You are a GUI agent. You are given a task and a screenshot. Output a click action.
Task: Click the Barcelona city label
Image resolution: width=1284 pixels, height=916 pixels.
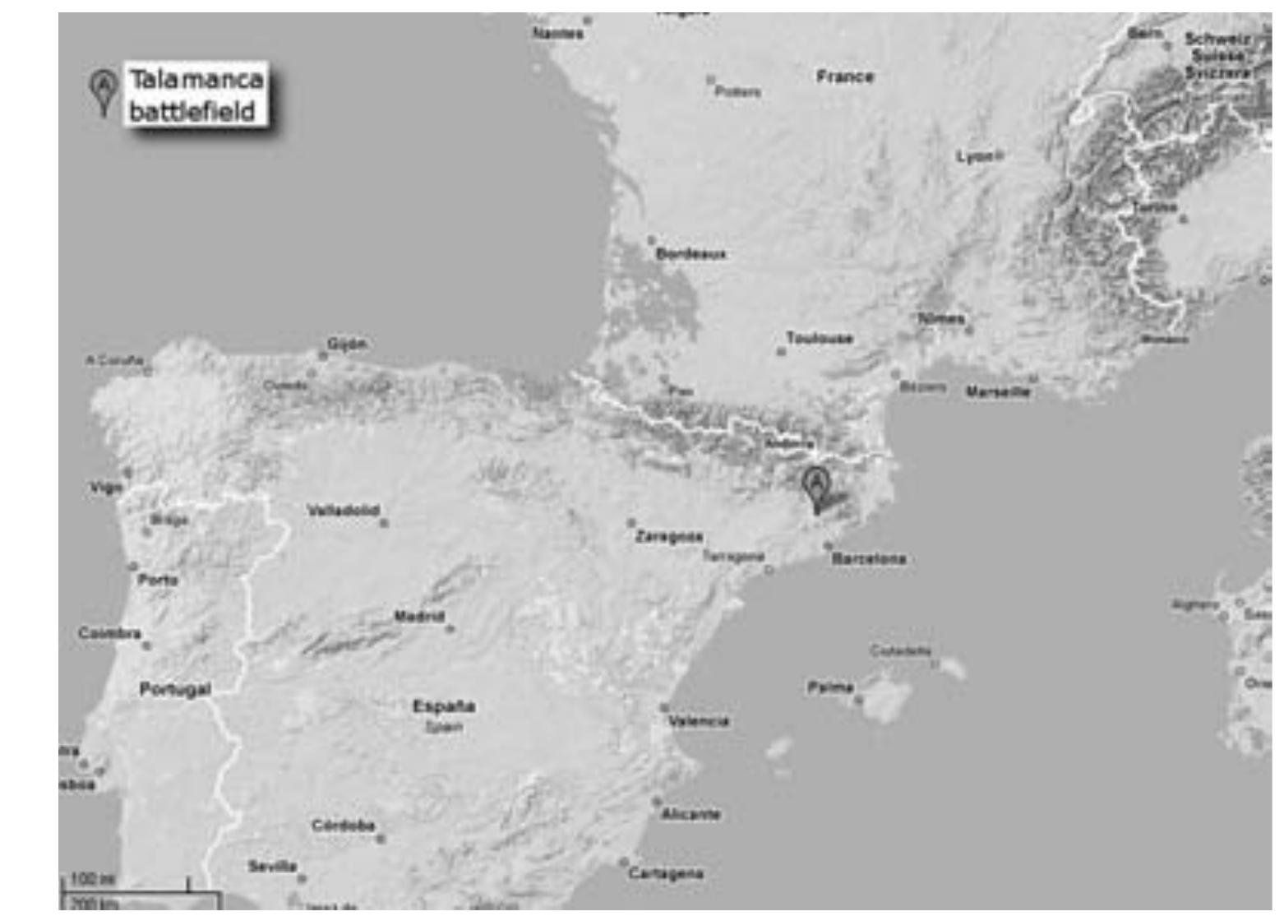(x=869, y=559)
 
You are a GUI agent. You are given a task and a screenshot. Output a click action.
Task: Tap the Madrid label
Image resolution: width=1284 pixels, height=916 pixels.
(x=418, y=617)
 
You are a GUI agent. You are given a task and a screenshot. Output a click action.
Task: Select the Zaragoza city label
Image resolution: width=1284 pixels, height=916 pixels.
(x=668, y=537)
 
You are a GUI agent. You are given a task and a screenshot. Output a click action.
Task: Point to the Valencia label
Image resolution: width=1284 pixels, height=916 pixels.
(x=699, y=721)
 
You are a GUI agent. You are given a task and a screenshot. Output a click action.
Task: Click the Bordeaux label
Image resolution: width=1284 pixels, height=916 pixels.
(x=690, y=254)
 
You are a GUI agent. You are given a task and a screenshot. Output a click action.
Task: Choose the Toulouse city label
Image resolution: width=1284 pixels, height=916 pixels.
(x=820, y=339)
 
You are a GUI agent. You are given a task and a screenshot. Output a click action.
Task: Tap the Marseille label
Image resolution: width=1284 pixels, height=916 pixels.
(x=997, y=392)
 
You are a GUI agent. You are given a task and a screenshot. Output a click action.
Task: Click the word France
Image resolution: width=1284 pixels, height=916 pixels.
(x=845, y=76)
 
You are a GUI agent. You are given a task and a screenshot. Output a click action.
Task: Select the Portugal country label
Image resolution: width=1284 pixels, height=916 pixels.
(x=175, y=689)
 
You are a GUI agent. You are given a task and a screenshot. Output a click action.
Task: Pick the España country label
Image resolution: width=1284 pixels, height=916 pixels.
(x=444, y=706)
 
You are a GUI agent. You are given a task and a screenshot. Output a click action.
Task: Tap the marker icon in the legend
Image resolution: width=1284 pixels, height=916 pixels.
(x=102, y=90)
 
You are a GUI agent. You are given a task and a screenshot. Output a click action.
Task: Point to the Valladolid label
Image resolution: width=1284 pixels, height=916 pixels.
(x=343, y=511)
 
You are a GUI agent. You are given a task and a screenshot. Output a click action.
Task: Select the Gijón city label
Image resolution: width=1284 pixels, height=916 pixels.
(x=347, y=344)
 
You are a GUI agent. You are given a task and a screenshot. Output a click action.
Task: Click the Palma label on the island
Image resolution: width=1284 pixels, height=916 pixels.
(x=831, y=687)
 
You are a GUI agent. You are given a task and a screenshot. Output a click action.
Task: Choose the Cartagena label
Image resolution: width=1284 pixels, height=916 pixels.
(x=666, y=873)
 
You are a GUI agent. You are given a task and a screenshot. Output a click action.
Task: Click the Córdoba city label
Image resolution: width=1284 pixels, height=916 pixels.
(x=343, y=826)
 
